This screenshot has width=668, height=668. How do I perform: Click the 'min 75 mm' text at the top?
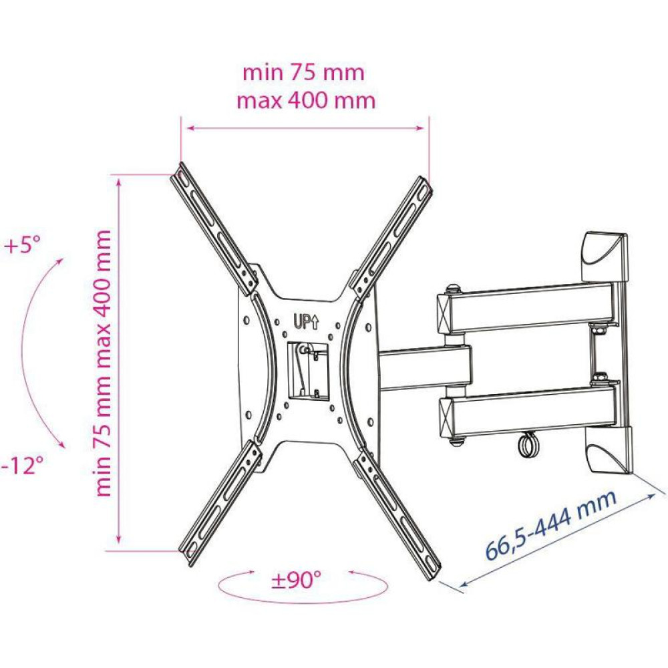click(x=304, y=73)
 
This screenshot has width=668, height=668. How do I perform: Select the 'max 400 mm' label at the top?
click(x=307, y=101)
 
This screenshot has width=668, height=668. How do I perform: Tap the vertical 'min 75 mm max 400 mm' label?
click(x=103, y=363)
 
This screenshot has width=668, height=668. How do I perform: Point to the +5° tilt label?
click(x=24, y=246)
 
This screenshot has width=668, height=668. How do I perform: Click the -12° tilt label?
click(x=23, y=465)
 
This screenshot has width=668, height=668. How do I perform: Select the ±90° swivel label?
click(x=297, y=580)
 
